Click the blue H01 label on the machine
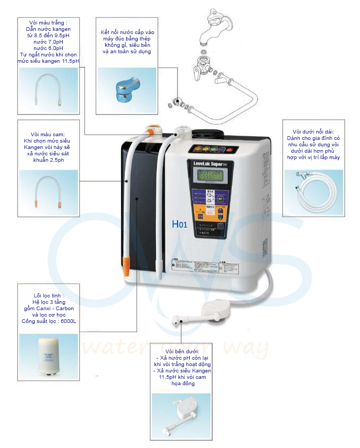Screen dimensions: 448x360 click(179, 225)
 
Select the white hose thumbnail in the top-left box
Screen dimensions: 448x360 click(48, 87)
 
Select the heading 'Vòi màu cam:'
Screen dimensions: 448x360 click(48, 135)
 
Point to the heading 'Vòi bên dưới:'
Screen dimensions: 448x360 click(181, 352)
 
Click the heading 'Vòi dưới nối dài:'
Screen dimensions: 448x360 click(313, 131)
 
